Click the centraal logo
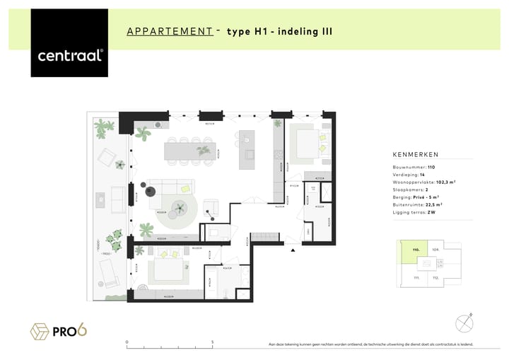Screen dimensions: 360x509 click(69, 54)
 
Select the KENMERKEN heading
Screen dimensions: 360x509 click(415, 154)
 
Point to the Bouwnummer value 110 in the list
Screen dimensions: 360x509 click(431, 167)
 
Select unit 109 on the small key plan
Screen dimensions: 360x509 click(435, 250)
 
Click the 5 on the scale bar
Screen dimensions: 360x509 click(213, 342)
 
